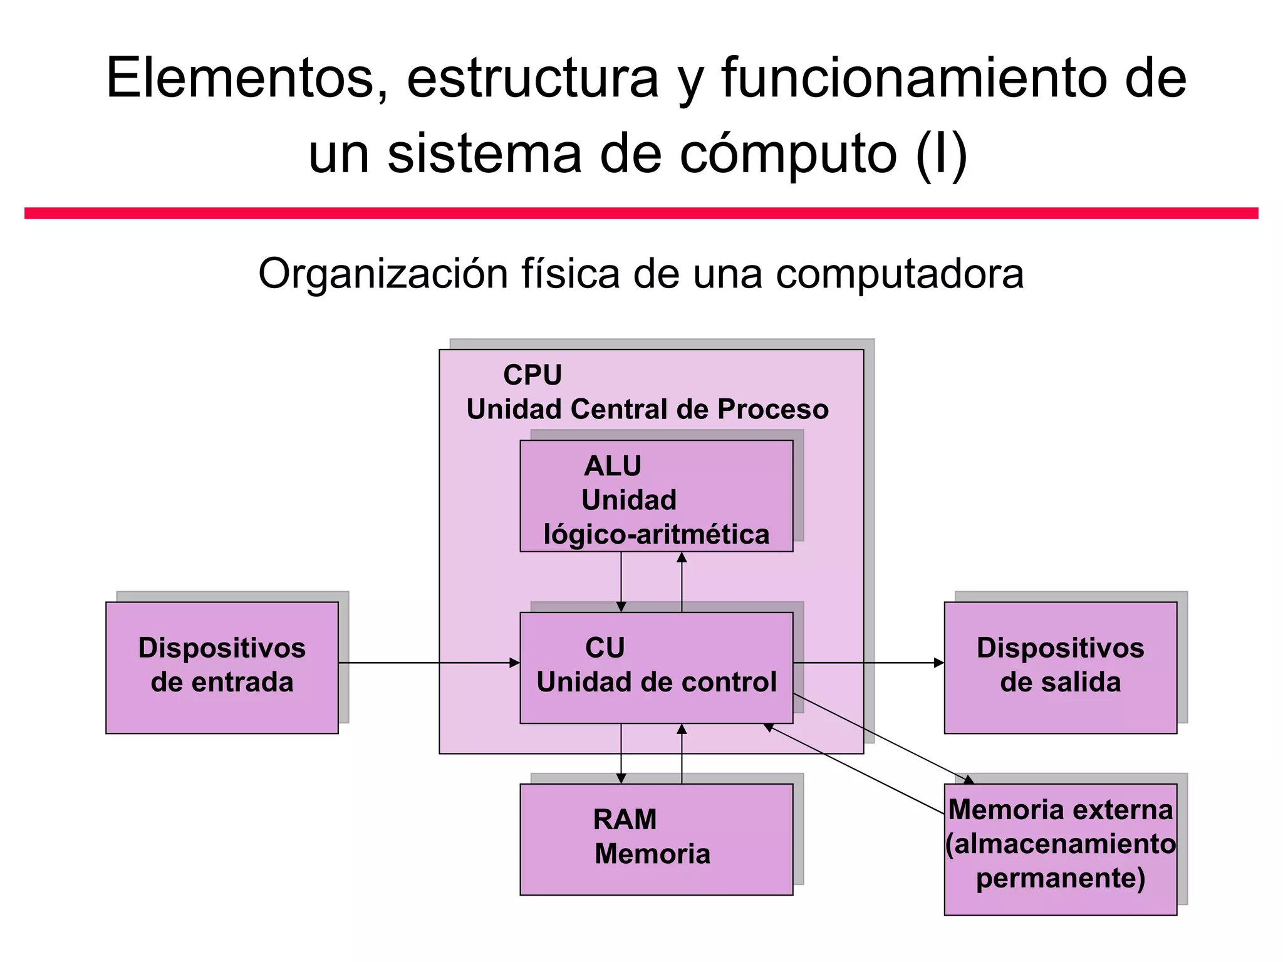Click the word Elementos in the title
pos(241,78)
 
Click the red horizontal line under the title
pos(641,214)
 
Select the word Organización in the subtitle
pos(377,274)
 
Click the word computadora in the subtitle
pos(900,274)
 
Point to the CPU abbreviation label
pos(532,375)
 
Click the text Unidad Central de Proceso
pos(647,410)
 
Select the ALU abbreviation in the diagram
pos(613,466)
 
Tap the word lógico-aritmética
pos(656,534)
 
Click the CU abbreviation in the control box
pos(605,648)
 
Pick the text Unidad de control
pos(656,682)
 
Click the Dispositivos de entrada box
pos(222,666)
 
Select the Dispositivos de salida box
pos(1060,666)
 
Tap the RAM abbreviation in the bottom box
pos(625,819)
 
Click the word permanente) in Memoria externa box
pos(1060,878)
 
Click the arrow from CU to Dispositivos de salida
pos(868,663)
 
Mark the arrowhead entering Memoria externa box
pos(969,780)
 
